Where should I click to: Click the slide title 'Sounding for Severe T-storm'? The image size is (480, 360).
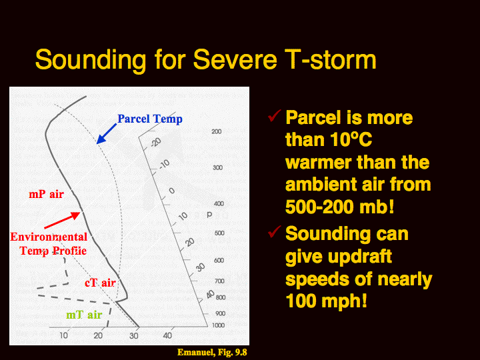point(206,60)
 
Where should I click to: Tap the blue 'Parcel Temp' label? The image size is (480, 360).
point(150,119)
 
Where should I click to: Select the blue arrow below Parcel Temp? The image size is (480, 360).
point(107,133)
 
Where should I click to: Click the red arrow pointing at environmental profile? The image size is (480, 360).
point(62,220)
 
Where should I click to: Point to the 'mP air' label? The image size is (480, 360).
point(46,194)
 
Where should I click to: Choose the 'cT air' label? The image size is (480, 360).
point(100,283)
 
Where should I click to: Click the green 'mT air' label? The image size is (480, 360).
point(84,315)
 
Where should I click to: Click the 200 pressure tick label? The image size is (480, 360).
point(217,131)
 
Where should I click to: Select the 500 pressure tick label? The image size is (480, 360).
point(219,233)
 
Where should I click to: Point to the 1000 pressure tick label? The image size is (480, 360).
point(219,325)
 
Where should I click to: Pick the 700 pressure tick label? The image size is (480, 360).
point(219,281)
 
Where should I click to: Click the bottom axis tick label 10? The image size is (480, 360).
point(64,335)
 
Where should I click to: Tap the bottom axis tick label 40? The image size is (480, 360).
point(167,335)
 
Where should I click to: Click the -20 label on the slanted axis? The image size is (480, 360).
point(155,142)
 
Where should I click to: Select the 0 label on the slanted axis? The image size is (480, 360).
point(172,191)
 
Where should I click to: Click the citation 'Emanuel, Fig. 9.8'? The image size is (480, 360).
point(212,353)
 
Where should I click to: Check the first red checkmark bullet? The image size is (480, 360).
point(274,115)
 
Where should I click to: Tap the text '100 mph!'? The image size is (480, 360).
point(326,301)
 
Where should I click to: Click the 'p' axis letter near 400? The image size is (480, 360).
point(209,215)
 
